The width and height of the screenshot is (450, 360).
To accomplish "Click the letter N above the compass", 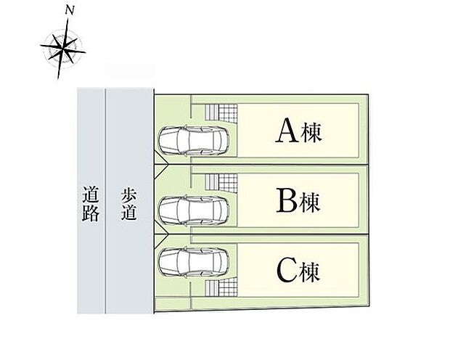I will tap(68, 10).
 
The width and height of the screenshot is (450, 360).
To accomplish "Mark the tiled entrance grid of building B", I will tap(219, 183).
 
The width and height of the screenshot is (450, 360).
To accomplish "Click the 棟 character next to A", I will tap(311, 133).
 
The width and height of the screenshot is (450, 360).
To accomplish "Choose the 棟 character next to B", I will tap(311, 202).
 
